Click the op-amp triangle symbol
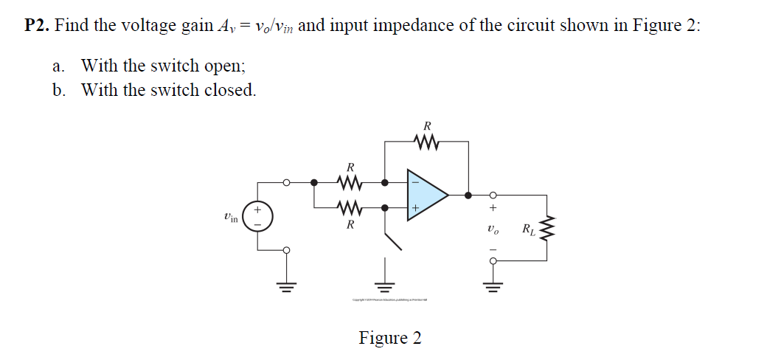426,195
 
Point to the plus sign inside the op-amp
414,210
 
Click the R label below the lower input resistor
350,224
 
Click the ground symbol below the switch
383,283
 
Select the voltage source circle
257,217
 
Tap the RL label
528,229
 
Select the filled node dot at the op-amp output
468,195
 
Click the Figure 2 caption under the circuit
390,338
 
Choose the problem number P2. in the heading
37,25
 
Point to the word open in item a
225,66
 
